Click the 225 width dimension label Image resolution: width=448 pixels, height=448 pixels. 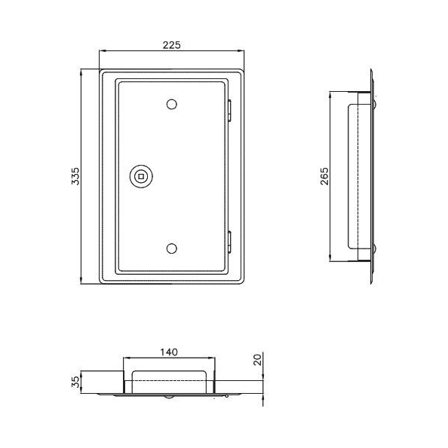point(172,45)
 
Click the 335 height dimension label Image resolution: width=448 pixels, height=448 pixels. point(75,176)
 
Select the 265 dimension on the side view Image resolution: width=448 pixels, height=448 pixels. point(324,177)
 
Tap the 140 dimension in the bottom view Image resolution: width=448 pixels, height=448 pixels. point(169,352)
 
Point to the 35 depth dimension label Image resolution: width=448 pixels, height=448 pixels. point(75,382)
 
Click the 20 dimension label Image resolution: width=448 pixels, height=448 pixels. point(258,360)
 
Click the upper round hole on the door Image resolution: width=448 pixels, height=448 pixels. point(172,105)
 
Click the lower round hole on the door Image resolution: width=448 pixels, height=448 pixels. point(172,248)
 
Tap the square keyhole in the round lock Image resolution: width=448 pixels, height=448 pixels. point(141,176)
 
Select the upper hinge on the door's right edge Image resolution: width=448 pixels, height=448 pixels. point(229,111)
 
